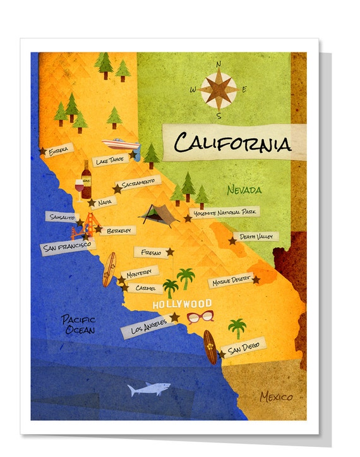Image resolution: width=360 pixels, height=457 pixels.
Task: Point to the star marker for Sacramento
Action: pyautogui.click(x=117, y=189)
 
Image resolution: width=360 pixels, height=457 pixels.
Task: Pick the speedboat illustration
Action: pyautogui.click(x=121, y=143)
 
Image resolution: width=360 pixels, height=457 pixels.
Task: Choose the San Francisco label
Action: pyautogui.click(x=66, y=245)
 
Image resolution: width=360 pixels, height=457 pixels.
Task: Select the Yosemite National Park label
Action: pyautogui.click(x=225, y=214)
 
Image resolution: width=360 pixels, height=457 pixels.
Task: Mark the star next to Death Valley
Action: pyautogui.click(x=232, y=241)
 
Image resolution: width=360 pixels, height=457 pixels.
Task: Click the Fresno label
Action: pyautogui.click(x=152, y=252)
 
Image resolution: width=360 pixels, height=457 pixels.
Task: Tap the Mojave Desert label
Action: pyautogui.click(x=231, y=281)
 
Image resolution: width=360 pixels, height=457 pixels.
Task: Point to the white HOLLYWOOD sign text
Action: pyautogui.click(x=183, y=304)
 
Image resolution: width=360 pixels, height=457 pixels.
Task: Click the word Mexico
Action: pyautogui.click(x=277, y=397)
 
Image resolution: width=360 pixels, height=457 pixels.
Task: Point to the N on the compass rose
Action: pyautogui.click(x=219, y=63)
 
